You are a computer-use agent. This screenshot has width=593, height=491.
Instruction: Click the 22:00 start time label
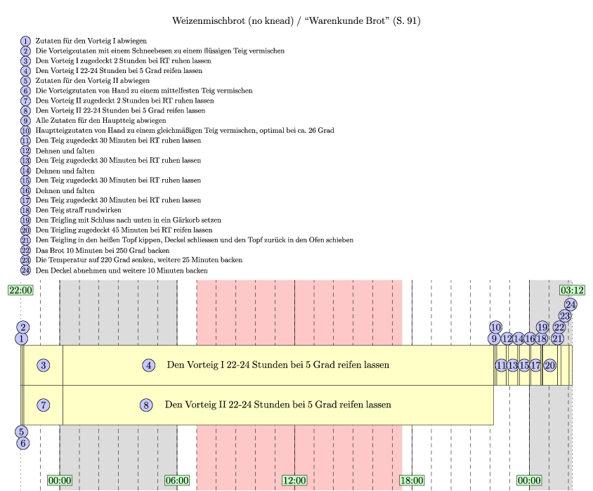pos(20,290)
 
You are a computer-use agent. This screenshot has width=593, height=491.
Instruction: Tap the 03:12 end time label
pos(572,290)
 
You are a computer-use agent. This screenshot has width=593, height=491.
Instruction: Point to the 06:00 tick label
pos(177,480)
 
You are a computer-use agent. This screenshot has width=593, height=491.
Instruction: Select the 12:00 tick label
pos(294,480)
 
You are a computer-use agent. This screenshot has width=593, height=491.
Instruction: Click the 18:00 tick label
pos(412,480)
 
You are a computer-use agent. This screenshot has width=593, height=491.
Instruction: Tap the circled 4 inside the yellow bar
pos(149,365)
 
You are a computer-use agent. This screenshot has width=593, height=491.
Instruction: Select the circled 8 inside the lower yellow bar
pos(146,405)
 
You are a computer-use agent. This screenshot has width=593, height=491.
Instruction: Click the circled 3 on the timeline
pos(44,365)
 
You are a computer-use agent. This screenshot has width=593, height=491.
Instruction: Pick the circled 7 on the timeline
pos(44,405)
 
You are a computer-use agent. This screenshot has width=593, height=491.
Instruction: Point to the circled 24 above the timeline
pos(571,305)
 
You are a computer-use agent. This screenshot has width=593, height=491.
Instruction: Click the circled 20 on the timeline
pos(550,365)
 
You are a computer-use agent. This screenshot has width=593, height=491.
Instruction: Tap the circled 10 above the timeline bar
pos(495,327)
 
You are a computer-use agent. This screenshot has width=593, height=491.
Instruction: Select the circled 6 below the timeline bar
pos(23,443)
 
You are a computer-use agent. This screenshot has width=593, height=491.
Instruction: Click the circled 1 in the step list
pos(26,41)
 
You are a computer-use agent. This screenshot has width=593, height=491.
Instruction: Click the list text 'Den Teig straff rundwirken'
pos(78,210)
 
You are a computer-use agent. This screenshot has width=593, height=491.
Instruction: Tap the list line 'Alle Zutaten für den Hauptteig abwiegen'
pos(91,121)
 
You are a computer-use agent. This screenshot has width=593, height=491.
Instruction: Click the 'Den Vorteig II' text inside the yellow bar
pos(197,405)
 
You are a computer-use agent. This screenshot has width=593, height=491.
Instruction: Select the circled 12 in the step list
pos(26,150)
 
